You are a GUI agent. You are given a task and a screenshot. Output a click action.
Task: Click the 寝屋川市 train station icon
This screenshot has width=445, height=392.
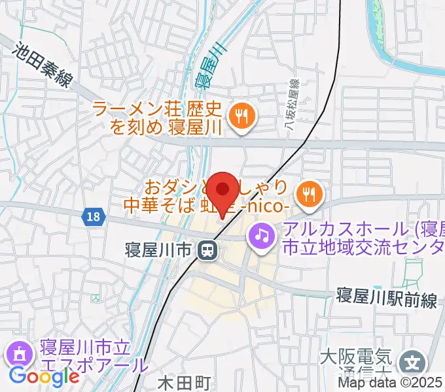coord(209,249)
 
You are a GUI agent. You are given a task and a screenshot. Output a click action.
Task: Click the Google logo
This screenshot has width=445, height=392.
coord(44,376)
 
